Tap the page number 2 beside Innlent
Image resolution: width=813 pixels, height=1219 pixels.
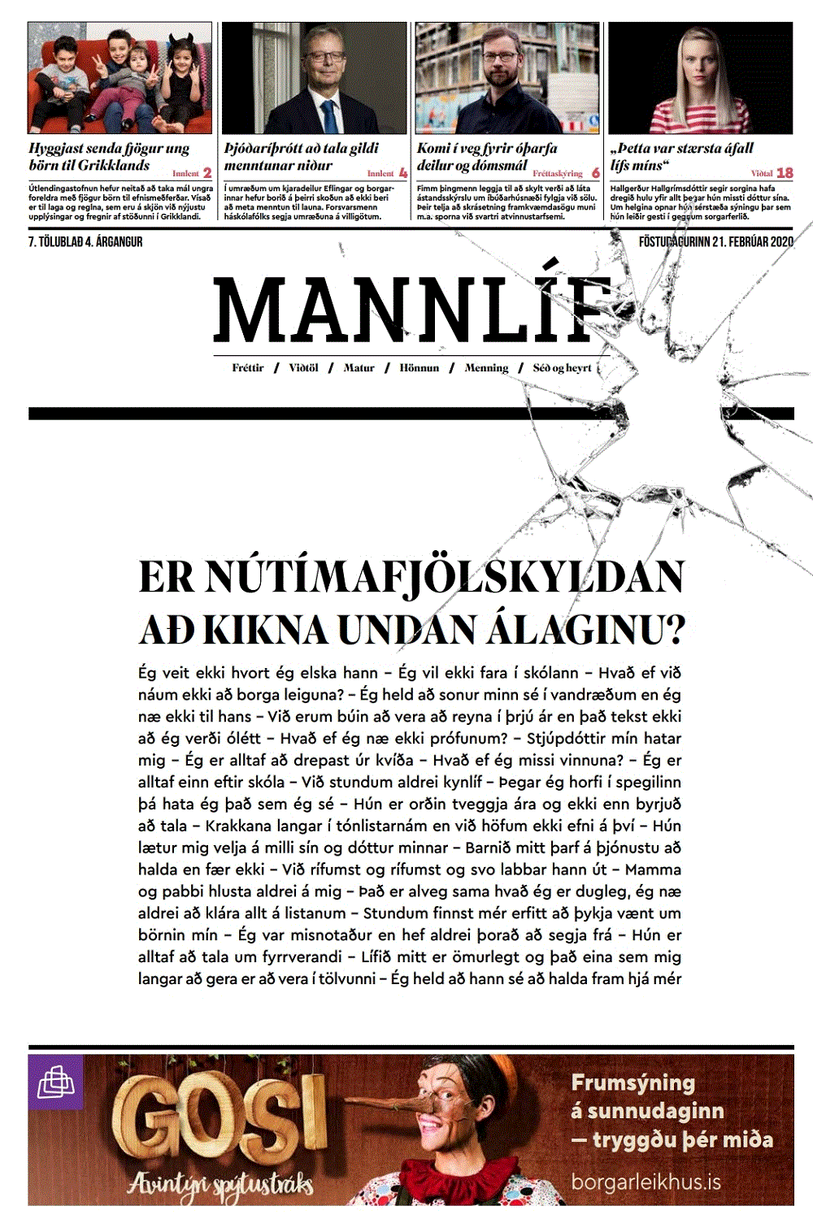[207, 173]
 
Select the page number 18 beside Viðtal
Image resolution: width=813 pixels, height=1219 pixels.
[785, 173]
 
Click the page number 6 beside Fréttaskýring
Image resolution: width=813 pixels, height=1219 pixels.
[596, 173]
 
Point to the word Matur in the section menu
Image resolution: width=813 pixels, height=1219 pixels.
[359, 368]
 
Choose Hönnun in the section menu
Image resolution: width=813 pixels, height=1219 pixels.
[419, 368]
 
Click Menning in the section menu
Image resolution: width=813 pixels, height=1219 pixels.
[486, 368]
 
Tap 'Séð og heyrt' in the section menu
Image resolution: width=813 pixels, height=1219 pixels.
[562, 368]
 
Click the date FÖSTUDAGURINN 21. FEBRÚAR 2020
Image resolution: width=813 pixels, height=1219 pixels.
[715, 242]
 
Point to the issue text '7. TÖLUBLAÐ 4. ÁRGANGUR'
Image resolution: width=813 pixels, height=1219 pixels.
[85, 242]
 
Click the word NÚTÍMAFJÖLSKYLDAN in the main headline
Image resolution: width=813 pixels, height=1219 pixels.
[444, 577]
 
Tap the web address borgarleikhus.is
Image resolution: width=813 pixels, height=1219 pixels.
[646, 1182]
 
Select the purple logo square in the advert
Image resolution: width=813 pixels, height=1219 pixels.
[55, 1082]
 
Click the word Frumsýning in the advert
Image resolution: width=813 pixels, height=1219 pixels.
[633, 1083]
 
